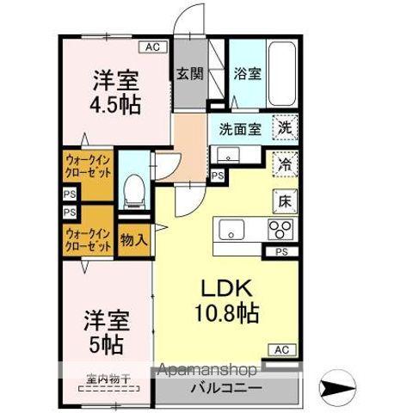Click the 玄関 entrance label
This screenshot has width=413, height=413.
pyautogui.click(x=191, y=74)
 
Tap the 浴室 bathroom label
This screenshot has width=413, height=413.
pyautogui.click(x=248, y=74)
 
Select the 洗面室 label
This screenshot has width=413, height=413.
pyautogui.click(x=238, y=131)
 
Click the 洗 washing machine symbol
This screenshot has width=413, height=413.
pyautogui.click(x=285, y=127)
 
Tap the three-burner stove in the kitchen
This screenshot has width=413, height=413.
pyautogui.click(x=281, y=230)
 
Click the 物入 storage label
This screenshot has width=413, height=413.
pyautogui.click(x=132, y=239)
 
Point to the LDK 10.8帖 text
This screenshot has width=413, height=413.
pyautogui.click(x=230, y=299)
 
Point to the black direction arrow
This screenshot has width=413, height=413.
pyautogui.click(x=337, y=385)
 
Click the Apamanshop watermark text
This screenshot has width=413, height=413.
pyautogui.click(x=206, y=370)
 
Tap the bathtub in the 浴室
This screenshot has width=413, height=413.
pyautogui.click(x=283, y=72)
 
